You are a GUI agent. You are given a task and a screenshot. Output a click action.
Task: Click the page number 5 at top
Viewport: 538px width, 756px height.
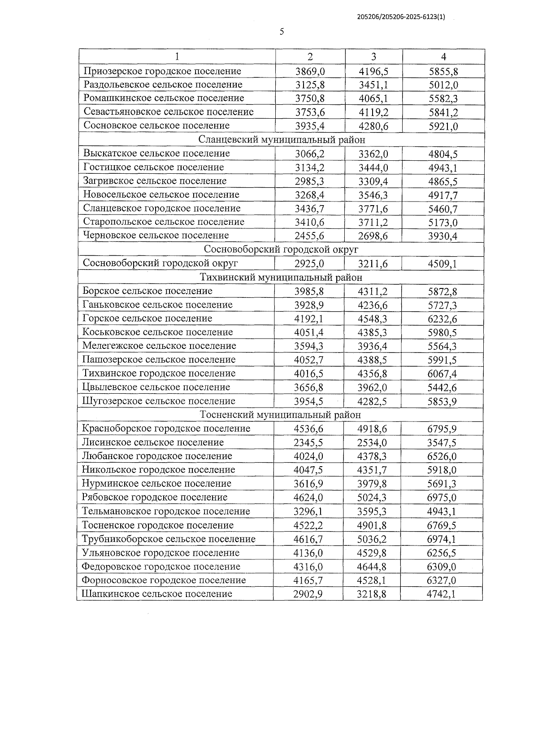282,31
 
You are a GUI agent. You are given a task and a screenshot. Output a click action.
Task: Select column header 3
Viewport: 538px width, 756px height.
373,56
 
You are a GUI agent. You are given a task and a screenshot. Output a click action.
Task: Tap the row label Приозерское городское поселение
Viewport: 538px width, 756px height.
162,71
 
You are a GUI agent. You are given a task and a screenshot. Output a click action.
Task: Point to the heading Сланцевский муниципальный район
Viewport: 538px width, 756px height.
282,140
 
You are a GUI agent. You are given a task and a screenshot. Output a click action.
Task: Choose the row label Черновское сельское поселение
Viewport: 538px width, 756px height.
156,236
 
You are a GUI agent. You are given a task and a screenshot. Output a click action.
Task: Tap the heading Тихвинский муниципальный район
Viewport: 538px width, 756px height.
281,278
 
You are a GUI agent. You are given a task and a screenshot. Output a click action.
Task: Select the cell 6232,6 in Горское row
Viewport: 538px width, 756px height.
442,319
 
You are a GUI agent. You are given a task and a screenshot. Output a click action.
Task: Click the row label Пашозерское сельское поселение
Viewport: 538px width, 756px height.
159,360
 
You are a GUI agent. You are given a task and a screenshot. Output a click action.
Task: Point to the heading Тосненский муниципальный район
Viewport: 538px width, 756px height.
280,415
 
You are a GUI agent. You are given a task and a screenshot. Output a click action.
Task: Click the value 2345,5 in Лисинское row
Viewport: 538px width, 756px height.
308,443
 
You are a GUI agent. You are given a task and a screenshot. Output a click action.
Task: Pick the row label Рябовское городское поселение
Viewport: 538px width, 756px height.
155,498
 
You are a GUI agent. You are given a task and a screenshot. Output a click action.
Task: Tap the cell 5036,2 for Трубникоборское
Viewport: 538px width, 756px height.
372,540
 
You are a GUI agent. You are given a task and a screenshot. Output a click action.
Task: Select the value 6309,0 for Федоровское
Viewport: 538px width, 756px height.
442,567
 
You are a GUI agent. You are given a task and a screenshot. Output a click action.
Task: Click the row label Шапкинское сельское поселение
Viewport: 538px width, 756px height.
157,594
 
